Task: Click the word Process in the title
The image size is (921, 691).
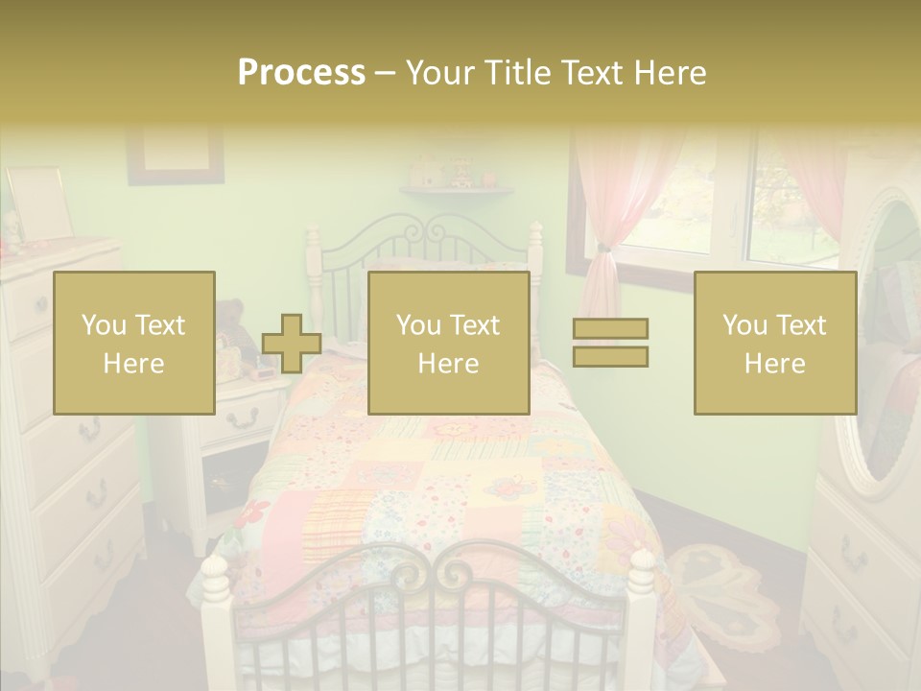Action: pyautogui.click(x=301, y=73)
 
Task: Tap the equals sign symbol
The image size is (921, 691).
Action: pyautogui.click(x=610, y=343)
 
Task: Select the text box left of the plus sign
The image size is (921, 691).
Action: pyautogui.click(x=134, y=343)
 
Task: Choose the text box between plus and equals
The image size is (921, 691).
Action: pyautogui.click(x=448, y=343)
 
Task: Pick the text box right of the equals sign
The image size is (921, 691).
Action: pyautogui.click(x=774, y=343)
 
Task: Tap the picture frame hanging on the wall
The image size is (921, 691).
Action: pyautogui.click(x=176, y=154)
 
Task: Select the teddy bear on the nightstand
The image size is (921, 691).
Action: pyautogui.click(x=230, y=322)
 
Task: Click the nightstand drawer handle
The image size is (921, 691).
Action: pyautogui.click(x=244, y=417)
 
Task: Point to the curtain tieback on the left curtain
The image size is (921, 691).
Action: pyautogui.click(x=602, y=251)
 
